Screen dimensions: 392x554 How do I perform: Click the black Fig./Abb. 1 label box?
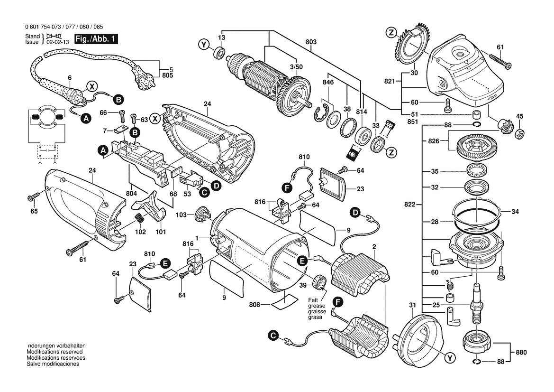pos(95,39)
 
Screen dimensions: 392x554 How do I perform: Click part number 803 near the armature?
pos(311,42)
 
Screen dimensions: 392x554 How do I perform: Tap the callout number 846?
pos(328,82)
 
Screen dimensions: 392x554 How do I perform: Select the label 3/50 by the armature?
pos(296,67)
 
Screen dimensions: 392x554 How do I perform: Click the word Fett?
pos(313,300)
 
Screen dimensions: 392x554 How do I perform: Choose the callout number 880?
pos(521,352)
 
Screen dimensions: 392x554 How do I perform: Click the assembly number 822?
pos(410,205)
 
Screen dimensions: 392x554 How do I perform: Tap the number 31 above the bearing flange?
pos(412,305)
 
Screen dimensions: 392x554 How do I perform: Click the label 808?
pos(255,304)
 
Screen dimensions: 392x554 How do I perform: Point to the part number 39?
pos(303,285)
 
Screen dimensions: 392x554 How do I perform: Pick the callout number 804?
pos(131,193)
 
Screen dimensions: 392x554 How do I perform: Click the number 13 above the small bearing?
pos(221,37)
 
